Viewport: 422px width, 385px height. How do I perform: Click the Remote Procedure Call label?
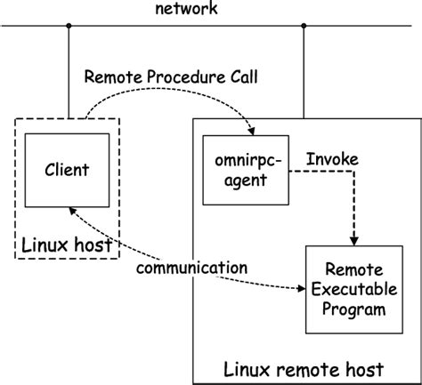[171, 76]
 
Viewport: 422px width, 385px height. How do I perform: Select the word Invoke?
[332, 158]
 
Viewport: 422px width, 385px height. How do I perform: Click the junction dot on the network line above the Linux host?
[68, 26]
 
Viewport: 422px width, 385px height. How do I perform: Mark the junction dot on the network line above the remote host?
[304, 26]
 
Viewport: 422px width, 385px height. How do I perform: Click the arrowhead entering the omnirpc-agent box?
[253, 132]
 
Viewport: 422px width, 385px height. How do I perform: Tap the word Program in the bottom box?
[355, 309]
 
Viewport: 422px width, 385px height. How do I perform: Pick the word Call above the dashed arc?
[241, 76]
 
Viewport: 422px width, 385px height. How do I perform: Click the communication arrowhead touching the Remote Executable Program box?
[300, 288]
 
